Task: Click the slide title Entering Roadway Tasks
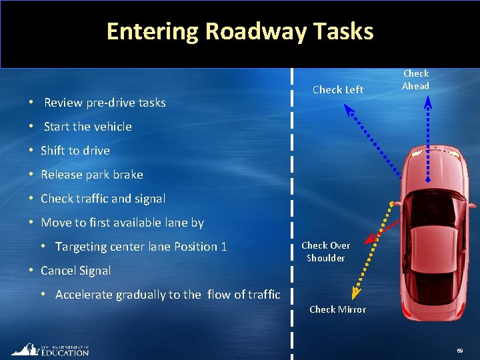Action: pyautogui.click(x=239, y=31)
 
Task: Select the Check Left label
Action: pyautogui.click(x=338, y=90)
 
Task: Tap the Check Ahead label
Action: pyautogui.click(x=416, y=79)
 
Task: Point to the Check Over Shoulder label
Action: pyautogui.click(x=325, y=251)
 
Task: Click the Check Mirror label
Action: pyautogui.click(x=337, y=309)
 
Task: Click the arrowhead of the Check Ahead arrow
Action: pyautogui.click(x=428, y=101)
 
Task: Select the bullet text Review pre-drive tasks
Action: pyautogui.click(x=105, y=103)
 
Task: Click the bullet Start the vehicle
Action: pyautogui.click(x=87, y=127)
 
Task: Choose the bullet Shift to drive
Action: pyautogui.click(x=75, y=151)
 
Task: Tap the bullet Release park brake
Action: pyautogui.click(x=91, y=175)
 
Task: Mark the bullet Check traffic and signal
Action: pyautogui.click(x=103, y=199)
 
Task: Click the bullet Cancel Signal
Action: pyautogui.click(x=75, y=271)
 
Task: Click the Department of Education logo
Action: pyautogui.click(x=50, y=350)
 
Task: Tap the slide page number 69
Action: pyautogui.click(x=460, y=351)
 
